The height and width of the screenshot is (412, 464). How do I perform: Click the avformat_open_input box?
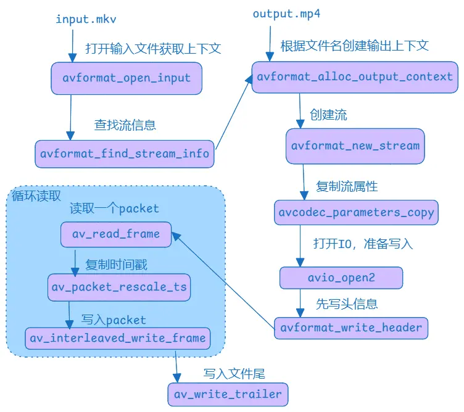126,78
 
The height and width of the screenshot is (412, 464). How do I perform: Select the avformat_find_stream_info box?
124,153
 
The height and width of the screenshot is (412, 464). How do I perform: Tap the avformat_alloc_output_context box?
355,77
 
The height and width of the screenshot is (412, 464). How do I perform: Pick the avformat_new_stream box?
355,146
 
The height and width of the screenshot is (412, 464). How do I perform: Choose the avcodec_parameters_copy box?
355,213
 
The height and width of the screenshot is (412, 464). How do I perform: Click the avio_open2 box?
341,278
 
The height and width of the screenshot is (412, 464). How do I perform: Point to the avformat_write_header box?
351,327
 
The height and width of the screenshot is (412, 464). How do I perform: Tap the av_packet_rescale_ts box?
119,287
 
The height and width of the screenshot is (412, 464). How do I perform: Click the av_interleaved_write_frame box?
117,338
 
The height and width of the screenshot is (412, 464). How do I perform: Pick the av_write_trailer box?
228,394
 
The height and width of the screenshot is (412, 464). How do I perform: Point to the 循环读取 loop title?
36,196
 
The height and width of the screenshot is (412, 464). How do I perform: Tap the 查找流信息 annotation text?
125,125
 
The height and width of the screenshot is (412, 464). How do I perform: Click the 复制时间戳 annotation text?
116,265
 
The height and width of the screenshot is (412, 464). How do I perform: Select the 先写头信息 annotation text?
347,303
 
